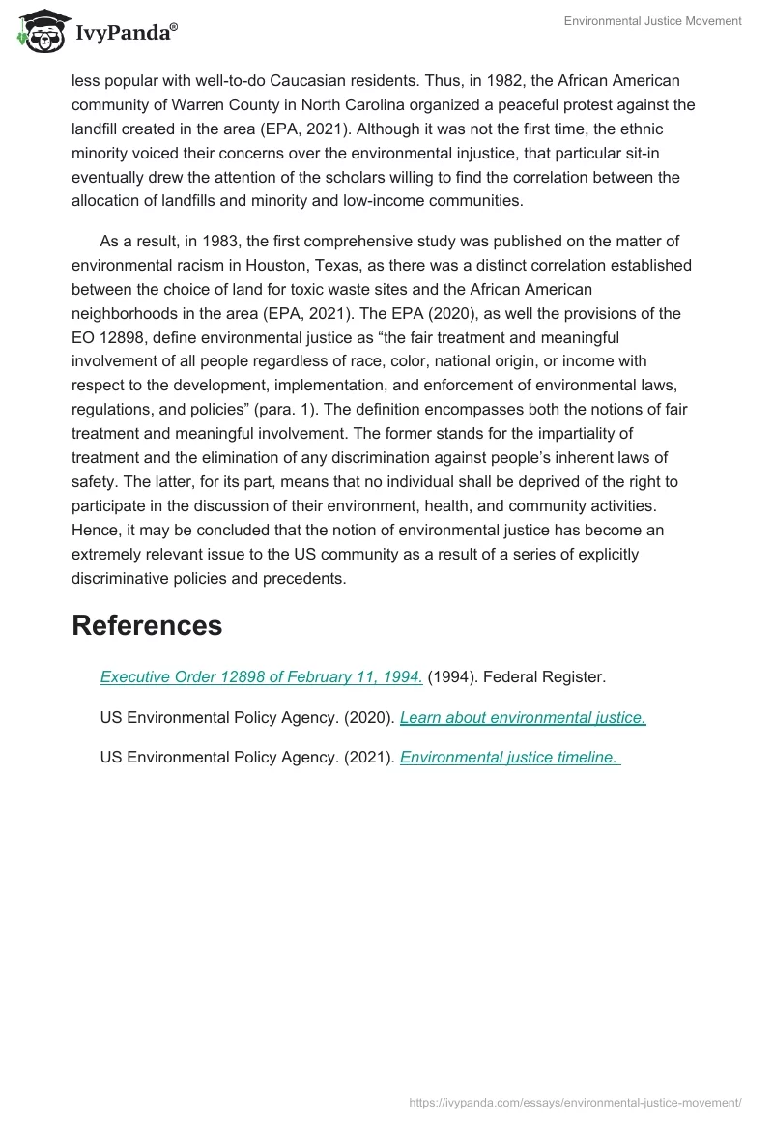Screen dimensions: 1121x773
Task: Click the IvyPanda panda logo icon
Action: click(40, 31)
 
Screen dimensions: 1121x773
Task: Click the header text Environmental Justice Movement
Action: click(653, 21)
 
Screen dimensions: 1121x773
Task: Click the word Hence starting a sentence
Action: click(95, 531)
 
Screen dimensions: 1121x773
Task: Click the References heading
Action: click(147, 625)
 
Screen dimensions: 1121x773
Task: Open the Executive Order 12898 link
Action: click(261, 677)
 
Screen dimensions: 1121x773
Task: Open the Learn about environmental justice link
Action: click(523, 717)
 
